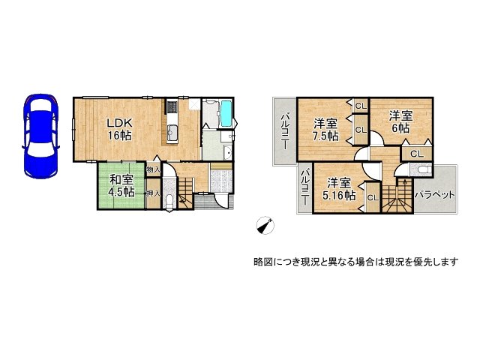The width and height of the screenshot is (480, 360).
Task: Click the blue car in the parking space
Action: click(x=38, y=134)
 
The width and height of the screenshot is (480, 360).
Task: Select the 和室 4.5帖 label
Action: click(x=121, y=185)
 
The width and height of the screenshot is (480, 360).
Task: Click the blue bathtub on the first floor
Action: click(x=226, y=115)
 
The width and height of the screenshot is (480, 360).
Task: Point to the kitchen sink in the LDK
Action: click(x=172, y=134)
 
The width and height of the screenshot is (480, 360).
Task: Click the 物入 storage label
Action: click(x=153, y=171)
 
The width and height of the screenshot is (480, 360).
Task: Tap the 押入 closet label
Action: click(x=153, y=193)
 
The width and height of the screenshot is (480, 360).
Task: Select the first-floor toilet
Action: click(x=169, y=202)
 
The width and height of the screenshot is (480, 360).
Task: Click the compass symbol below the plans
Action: click(x=265, y=224)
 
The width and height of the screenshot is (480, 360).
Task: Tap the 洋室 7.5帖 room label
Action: click(x=325, y=129)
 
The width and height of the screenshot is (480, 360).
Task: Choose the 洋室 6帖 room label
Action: click(x=400, y=121)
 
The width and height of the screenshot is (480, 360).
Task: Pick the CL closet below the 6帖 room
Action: click(x=416, y=154)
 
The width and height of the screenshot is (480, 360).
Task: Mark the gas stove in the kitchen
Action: click(x=172, y=108)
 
